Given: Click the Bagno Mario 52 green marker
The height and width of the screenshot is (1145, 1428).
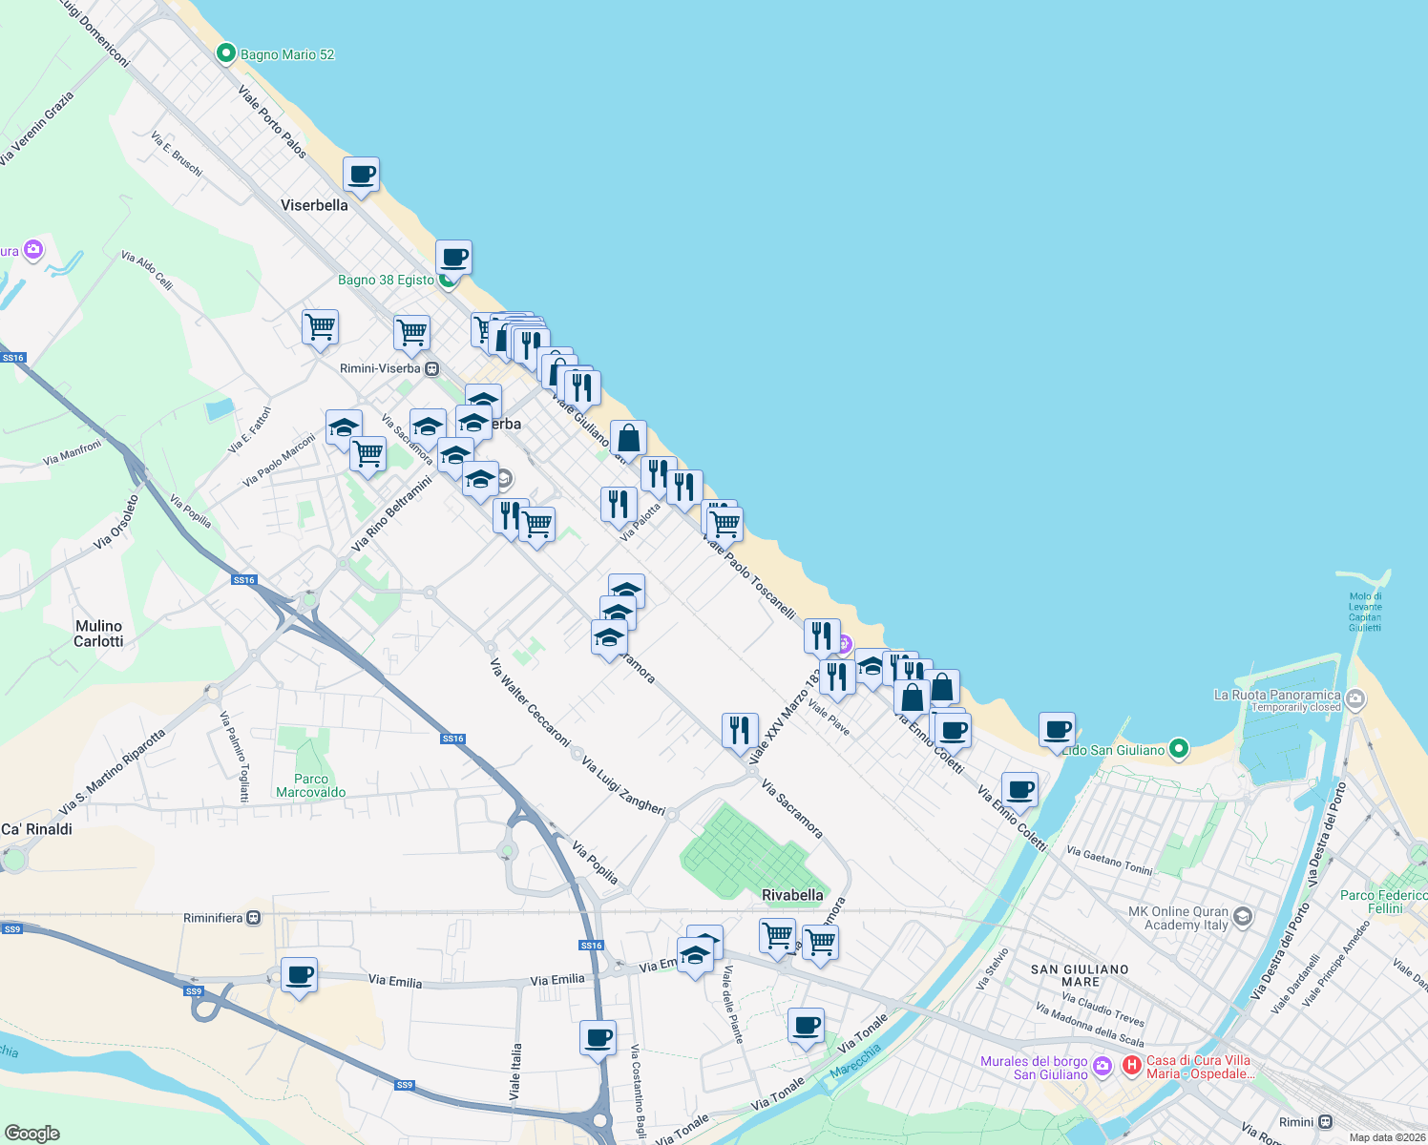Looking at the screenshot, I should (x=226, y=53).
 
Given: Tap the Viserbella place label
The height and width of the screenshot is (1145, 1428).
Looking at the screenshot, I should (x=314, y=205).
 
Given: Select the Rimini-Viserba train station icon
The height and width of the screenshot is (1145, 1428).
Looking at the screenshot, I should (x=432, y=368).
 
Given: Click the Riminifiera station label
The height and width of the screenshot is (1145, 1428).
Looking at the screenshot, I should (x=214, y=918).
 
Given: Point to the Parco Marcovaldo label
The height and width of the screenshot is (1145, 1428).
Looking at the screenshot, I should (x=311, y=785).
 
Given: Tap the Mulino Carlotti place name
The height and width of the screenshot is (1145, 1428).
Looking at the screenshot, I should (x=98, y=634).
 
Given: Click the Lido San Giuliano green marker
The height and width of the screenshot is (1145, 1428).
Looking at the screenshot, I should (x=1179, y=749).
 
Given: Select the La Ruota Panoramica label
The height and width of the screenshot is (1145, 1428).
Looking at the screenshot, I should (x=1277, y=695).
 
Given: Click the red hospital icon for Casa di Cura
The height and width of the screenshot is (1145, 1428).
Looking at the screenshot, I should (x=1132, y=1066).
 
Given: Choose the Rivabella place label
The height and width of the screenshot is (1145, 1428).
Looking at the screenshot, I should (x=792, y=895).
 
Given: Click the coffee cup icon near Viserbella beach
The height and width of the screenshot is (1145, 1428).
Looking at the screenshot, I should (x=361, y=176).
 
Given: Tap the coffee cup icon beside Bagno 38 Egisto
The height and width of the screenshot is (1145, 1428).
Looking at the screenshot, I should (x=454, y=258).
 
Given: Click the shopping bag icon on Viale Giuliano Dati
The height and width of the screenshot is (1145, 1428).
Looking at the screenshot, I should (x=629, y=439).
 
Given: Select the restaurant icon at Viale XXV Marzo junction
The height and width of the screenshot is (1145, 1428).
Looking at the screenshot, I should (x=740, y=731).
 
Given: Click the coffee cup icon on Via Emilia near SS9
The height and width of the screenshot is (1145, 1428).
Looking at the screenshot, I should (x=300, y=976).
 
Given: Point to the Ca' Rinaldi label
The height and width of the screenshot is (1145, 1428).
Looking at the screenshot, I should (x=36, y=829).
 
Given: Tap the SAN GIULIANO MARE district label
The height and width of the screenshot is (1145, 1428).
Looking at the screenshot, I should (x=1080, y=975).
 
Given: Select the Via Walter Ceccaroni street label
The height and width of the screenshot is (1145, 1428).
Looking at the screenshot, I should (x=530, y=702).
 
